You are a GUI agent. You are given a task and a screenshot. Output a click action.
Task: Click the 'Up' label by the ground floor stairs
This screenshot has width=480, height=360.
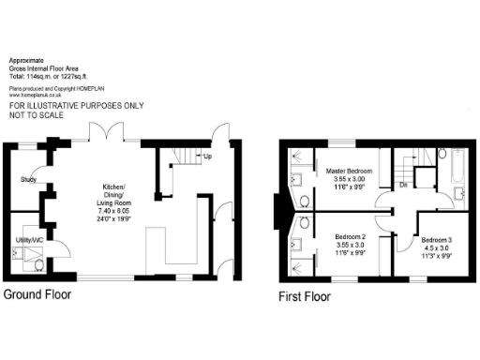pos(206,157)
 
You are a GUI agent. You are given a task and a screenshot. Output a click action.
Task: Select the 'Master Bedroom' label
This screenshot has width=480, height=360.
pos(349,172)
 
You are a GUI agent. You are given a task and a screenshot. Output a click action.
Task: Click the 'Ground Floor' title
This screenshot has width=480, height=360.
pos(37,294)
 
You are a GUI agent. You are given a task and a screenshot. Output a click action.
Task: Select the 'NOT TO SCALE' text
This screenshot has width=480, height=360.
pos(37,115)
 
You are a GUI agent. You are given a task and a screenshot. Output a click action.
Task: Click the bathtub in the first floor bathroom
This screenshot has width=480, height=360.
pos(457,166)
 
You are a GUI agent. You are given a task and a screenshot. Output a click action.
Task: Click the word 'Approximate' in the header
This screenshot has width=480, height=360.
pos(26,58)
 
